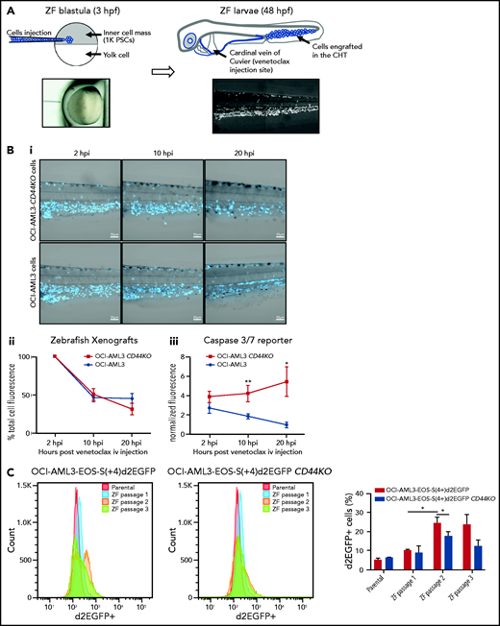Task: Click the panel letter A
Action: (x=8, y=8)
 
